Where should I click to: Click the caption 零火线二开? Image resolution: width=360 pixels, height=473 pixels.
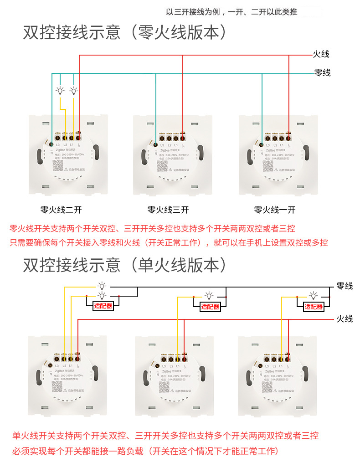61,210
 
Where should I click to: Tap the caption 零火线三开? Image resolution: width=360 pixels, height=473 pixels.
168,210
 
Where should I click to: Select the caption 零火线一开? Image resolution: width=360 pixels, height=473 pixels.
275,210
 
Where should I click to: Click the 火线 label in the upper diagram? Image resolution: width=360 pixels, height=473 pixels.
321,54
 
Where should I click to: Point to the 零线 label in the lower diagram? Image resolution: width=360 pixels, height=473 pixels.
345,286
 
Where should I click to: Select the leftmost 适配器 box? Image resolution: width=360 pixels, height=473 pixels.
103,306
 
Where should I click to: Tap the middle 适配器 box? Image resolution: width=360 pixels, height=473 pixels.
210,307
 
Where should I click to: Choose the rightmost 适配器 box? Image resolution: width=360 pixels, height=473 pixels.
314,307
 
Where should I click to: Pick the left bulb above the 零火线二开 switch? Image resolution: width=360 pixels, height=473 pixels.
60,91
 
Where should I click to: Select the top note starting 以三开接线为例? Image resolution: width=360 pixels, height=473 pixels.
231,12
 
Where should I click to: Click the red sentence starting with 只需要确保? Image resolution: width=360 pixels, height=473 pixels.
169,242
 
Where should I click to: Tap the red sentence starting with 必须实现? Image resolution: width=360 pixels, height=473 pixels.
145,451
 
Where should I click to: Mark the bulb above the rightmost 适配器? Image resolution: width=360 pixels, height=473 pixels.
314,295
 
